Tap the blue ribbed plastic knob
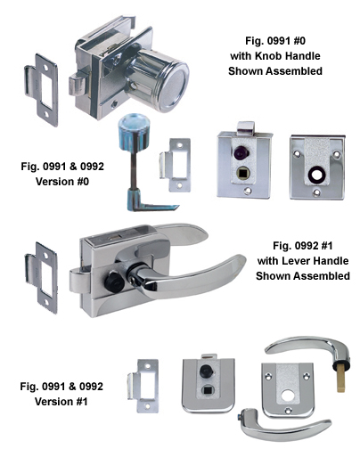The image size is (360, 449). [x=131, y=130]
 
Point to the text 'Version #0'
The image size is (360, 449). [x=62, y=182]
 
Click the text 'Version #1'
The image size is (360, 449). [x=61, y=402]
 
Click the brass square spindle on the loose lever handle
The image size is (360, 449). [x=341, y=380]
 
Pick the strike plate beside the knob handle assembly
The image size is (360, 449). [x=42, y=89]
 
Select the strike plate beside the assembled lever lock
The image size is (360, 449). [x=42, y=278]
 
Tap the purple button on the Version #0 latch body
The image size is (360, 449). [x=241, y=153]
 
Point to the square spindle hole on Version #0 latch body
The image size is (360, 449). [x=241, y=173]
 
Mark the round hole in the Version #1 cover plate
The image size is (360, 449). [x=288, y=395]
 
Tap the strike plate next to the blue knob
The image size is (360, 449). [x=176, y=165]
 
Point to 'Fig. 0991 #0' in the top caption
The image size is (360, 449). [x=275, y=41]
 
